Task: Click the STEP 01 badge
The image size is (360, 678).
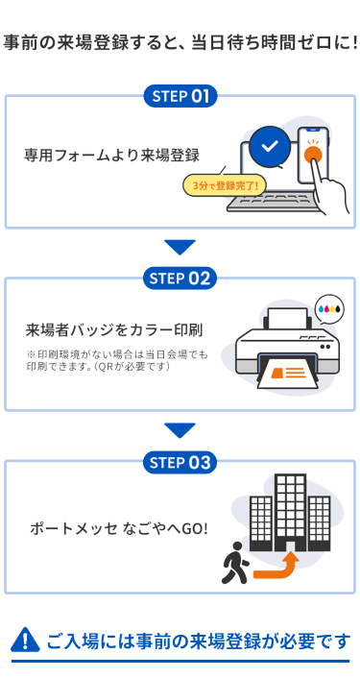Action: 180,96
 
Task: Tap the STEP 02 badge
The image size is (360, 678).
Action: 180,278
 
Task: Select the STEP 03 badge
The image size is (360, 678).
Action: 180,462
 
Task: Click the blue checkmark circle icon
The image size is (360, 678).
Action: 270,147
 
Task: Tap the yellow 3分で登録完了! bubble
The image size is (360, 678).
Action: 225,186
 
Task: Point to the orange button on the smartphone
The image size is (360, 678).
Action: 312,154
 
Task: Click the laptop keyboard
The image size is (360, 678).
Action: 271,203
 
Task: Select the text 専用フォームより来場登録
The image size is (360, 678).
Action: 111,156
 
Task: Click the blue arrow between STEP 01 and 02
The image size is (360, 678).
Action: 180,248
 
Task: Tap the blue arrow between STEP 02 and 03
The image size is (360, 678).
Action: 180,430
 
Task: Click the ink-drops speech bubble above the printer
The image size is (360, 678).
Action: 329,308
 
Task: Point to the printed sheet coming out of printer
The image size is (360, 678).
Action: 287,374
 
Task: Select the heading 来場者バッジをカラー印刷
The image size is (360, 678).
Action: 114,330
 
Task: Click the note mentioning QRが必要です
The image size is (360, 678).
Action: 117,361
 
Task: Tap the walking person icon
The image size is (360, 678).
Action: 234,563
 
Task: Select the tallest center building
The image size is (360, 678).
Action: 290,513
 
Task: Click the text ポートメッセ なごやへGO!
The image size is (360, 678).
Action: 119,528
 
